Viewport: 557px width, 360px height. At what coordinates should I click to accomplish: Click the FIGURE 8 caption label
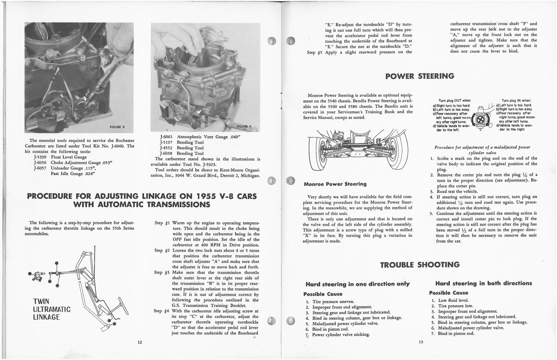tap(117, 127)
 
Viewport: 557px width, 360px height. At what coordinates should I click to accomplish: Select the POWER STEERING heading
tap(420, 76)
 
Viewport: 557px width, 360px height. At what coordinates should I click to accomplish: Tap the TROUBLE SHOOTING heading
tap(420, 265)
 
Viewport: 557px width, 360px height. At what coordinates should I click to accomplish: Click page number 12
tap(140, 342)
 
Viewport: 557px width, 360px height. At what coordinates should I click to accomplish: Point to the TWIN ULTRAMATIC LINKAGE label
tap(52, 309)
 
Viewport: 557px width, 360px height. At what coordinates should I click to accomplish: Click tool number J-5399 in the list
tap(41, 157)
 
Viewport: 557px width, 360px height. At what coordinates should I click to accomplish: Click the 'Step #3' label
tap(162, 273)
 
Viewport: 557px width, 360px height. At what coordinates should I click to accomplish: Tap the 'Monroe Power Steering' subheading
tap(335, 184)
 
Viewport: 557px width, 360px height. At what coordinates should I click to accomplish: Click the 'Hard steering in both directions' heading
tap(484, 283)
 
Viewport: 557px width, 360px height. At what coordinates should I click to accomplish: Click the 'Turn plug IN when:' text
tap(516, 101)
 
